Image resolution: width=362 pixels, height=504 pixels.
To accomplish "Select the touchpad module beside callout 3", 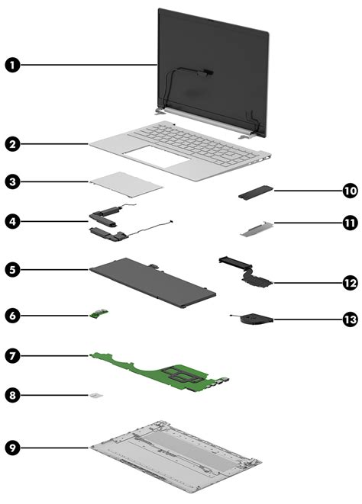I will (x=127, y=183).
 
